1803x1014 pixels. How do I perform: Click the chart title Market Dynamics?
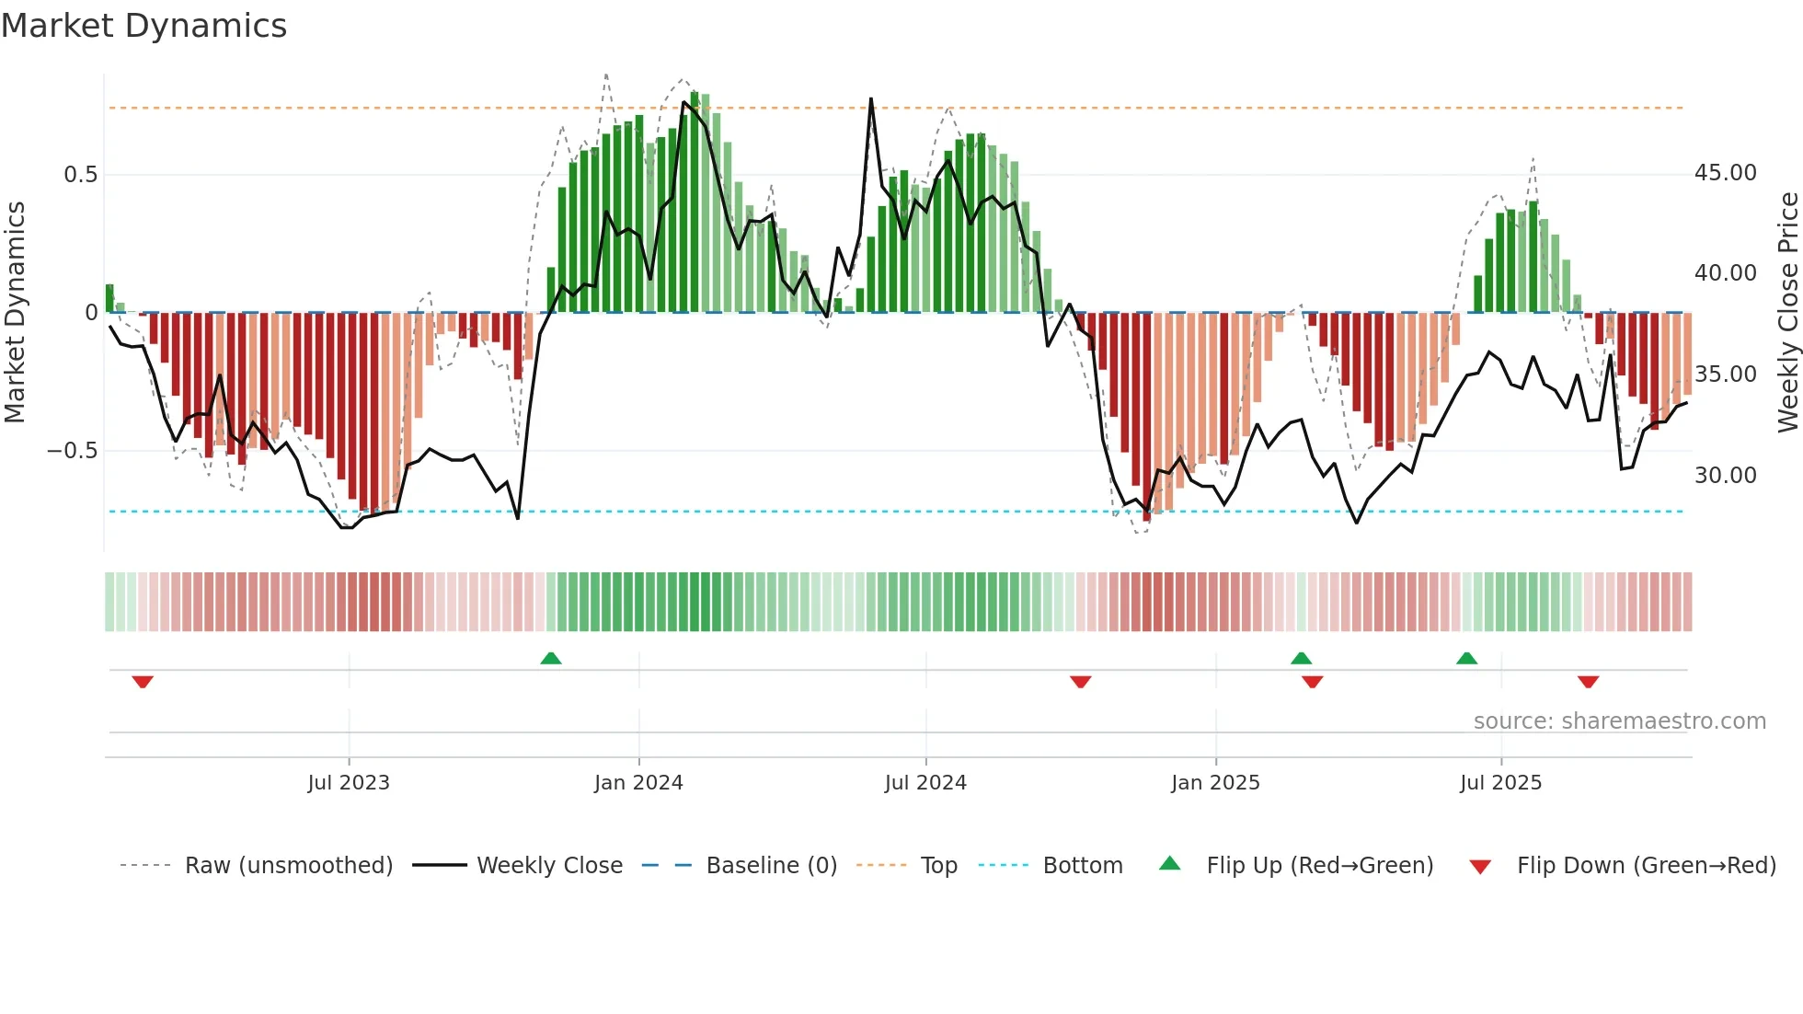tap(144, 26)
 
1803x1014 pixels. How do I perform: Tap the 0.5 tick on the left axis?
tap(80, 175)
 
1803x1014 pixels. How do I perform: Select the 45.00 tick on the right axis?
tap(1725, 173)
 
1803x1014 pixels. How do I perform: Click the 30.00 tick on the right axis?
tap(1725, 476)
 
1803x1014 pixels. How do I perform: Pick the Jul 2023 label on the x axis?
tap(349, 783)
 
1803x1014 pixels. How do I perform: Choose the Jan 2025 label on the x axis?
tap(1215, 783)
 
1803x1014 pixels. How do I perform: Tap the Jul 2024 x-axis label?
tap(925, 783)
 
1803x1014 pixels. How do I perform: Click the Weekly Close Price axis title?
tap(1787, 313)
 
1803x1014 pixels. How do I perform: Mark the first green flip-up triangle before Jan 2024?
tap(551, 658)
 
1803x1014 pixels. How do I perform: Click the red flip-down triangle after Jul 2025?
tap(1588, 682)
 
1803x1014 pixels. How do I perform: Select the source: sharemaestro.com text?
tap(1619, 721)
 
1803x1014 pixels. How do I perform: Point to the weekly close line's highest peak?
tap(870, 99)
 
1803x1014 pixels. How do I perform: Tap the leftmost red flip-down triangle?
tap(143, 682)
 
